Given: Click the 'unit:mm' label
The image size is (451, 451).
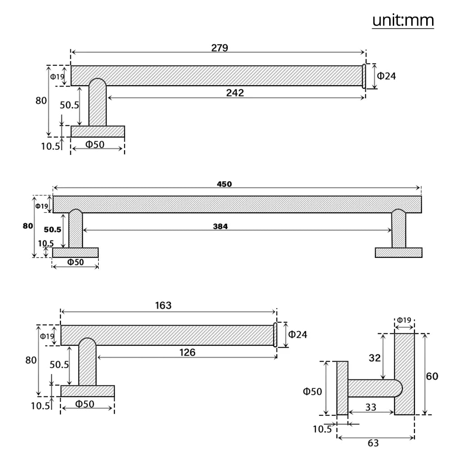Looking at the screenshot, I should [x=403, y=20].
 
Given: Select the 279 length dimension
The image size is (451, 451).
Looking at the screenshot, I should [x=220, y=48].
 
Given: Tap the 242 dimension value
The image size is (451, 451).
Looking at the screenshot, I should [x=235, y=93].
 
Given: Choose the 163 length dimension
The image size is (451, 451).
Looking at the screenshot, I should [x=163, y=305].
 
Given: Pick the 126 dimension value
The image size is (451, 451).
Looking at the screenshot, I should [x=187, y=352].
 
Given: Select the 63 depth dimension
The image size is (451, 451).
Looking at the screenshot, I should [x=373, y=443].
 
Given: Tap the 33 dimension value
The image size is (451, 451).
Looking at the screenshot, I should [x=371, y=407].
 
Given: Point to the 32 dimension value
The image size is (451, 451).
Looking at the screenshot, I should [x=375, y=358].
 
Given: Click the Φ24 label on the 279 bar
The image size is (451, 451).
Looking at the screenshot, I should [x=387, y=76].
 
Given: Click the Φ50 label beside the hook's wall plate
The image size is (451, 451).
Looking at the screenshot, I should [x=313, y=391].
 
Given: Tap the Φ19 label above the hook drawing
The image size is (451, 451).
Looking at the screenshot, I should [x=404, y=321].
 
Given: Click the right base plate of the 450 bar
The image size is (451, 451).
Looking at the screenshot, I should [x=398, y=253].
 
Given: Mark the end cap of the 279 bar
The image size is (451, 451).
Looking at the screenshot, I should [x=364, y=76].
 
